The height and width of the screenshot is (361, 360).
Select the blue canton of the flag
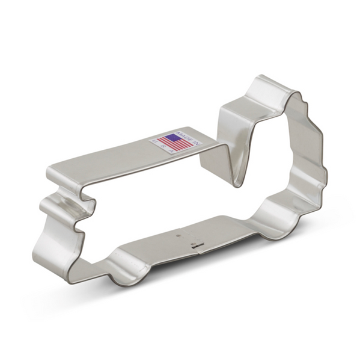169,139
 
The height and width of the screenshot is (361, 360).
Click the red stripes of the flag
175,145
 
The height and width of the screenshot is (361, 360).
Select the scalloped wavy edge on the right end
313,156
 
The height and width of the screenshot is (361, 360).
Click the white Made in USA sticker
175,143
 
